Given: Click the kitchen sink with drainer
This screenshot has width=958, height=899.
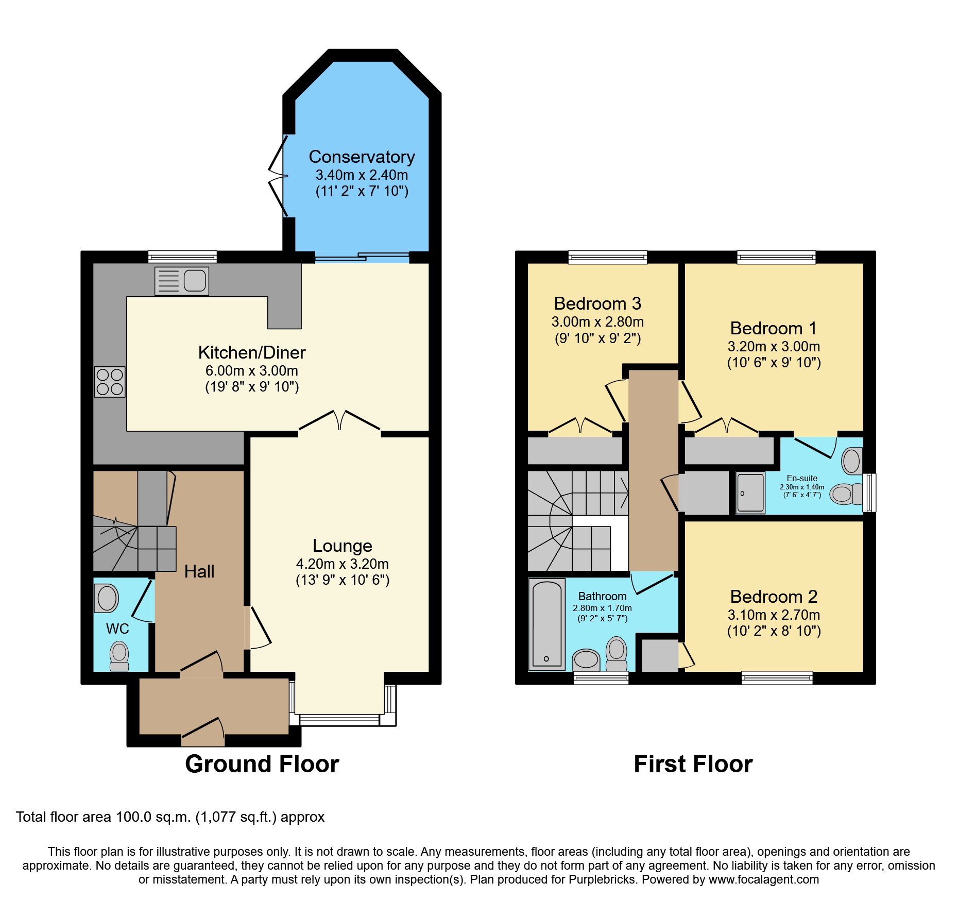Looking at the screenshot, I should pos(182,281).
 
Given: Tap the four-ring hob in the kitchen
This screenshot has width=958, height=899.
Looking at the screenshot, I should pos(110,382).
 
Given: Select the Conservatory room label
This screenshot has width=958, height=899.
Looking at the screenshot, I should pos(362,157).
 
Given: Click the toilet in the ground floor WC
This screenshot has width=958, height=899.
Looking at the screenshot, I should pos(119,656).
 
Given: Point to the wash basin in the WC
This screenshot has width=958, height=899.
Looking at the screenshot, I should pos(107,598).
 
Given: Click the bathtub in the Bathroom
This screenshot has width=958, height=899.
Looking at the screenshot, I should pos(546,624).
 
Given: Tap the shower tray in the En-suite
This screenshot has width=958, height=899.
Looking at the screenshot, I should pos(750,493).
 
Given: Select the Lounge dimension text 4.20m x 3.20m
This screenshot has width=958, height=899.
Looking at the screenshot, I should pos(342,564).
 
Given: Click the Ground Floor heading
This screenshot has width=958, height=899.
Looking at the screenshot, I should pos(262,764).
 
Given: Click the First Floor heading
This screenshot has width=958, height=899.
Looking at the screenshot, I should pos(693,764).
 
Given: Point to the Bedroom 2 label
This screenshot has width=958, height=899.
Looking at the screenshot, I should pos(774,597).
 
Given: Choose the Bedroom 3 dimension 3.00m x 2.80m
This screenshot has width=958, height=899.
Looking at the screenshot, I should pos(597,322).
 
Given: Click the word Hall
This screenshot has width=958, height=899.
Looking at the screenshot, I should pos(199,571).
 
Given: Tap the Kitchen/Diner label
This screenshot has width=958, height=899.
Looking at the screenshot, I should pos(252,352).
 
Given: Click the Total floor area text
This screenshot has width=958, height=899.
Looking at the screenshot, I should pos(170,817).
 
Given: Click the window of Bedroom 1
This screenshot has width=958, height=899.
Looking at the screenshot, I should pos(776,257).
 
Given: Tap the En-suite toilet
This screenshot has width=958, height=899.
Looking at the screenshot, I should pos(846,494).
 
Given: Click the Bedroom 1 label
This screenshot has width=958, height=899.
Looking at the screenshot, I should pos(774,328).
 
